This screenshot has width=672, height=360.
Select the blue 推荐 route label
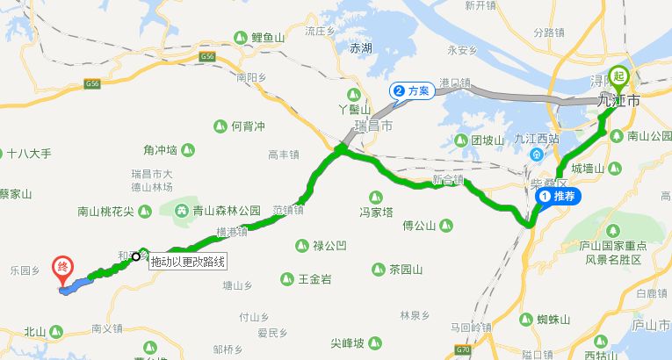pyautogui.click(x=555, y=197)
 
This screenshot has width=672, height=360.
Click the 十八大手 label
pyautogui.click(x=30, y=153)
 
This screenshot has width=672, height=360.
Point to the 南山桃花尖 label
pyautogui.click(x=105, y=211)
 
